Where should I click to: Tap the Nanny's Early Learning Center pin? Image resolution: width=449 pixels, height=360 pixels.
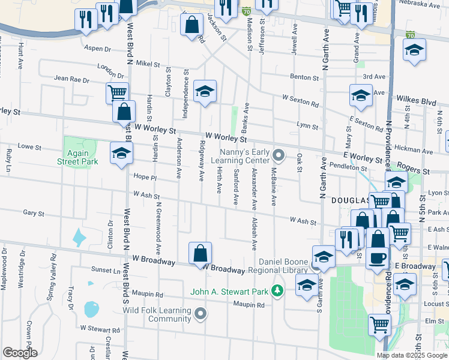(x=278, y=155)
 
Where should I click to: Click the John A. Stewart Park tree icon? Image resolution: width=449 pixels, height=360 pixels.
(x=277, y=292)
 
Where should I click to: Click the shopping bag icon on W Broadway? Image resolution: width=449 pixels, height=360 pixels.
(x=200, y=253)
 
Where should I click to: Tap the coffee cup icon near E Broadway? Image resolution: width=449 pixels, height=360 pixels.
(x=377, y=257)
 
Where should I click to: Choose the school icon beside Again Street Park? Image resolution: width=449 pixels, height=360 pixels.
(x=121, y=153)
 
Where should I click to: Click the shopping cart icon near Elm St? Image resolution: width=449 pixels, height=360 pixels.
(x=379, y=325)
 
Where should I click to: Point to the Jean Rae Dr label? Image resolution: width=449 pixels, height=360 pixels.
(x=71, y=79)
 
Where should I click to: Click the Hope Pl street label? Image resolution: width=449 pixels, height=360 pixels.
(x=145, y=178)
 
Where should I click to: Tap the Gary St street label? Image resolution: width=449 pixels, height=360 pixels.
(x=34, y=213)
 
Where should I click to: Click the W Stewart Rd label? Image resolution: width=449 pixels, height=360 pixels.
(x=100, y=329)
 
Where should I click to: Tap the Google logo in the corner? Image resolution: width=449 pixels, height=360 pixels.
(x=20, y=353)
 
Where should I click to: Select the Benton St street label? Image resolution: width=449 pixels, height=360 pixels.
(x=304, y=77)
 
